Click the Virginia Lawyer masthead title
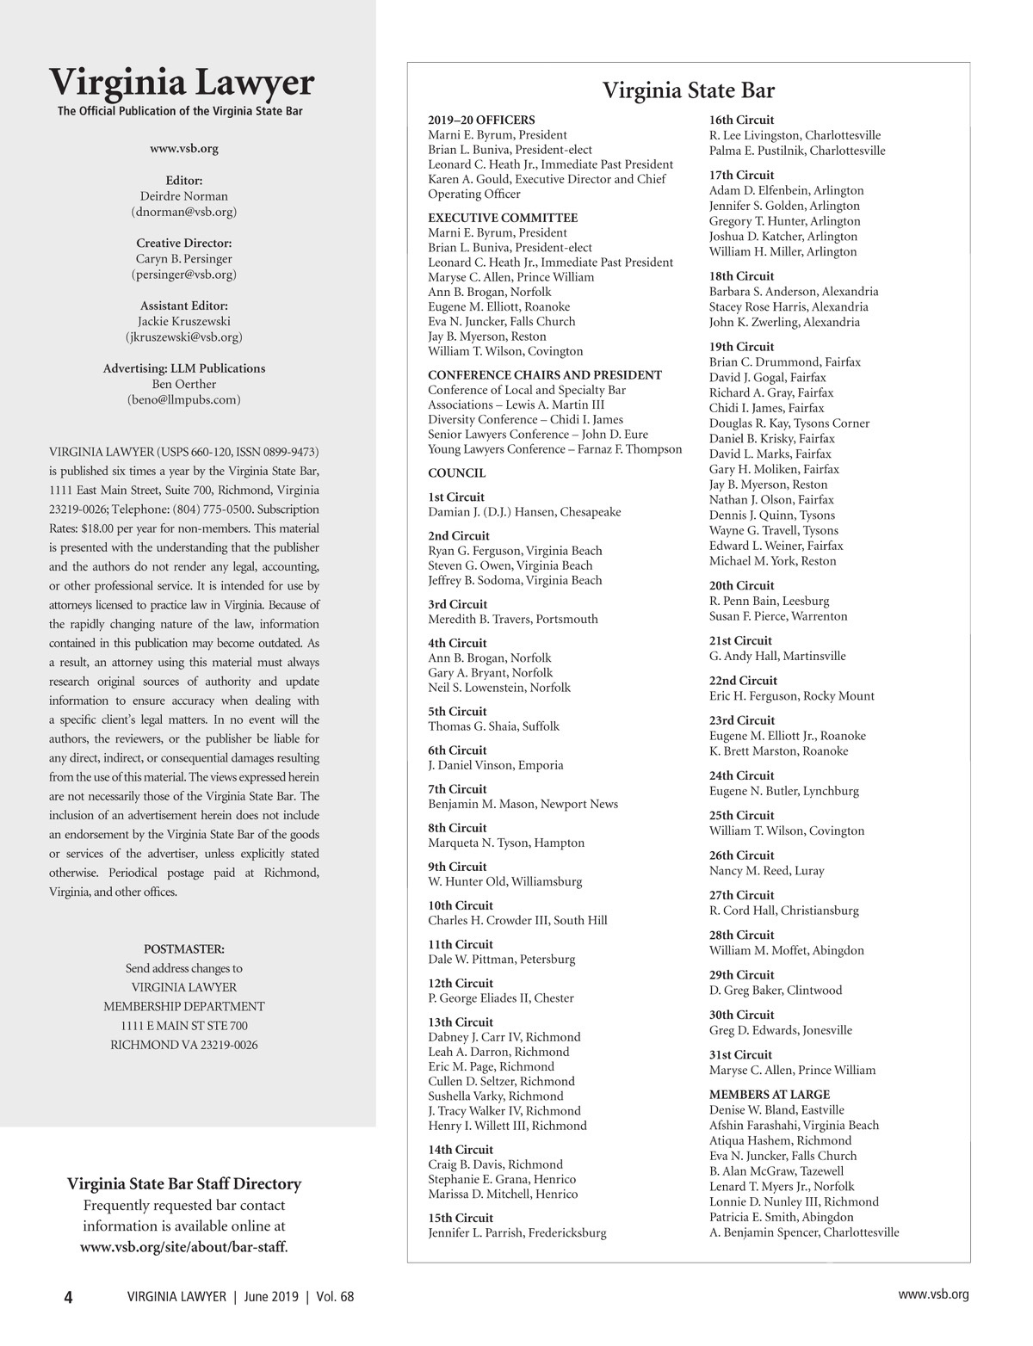pyautogui.click(x=182, y=83)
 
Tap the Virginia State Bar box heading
pyautogui.click(x=688, y=90)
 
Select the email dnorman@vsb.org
pyautogui.click(x=184, y=211)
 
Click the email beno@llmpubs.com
pyautogui.click(x=184, y=399)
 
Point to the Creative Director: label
pyautogui.click(x=184, y=243)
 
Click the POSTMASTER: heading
pyautogui.click(x=184, y=948)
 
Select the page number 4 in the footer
pyautogui.click(x=68, y=1297)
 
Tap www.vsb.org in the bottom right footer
pyautogui.click(x=933, y=1294)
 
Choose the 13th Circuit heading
pyautogui.click(x=461, y=1022)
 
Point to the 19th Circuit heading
pyautogui.click(x=741, y=347)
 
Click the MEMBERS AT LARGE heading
pyautogui.click(x=770, y=1094)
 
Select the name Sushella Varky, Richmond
pyautogui.click(x=496, y=1096)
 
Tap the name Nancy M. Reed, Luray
pyautogui.click(x=766, y=870)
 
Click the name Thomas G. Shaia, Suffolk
pyautogui.click(x=493, y=725)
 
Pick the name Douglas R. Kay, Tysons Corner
pyautogui.click(x=789, y=423)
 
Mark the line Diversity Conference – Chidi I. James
pyautogui.click(x=525, y=419)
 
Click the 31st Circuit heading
pyautogui.click(x=740, y=1054)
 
